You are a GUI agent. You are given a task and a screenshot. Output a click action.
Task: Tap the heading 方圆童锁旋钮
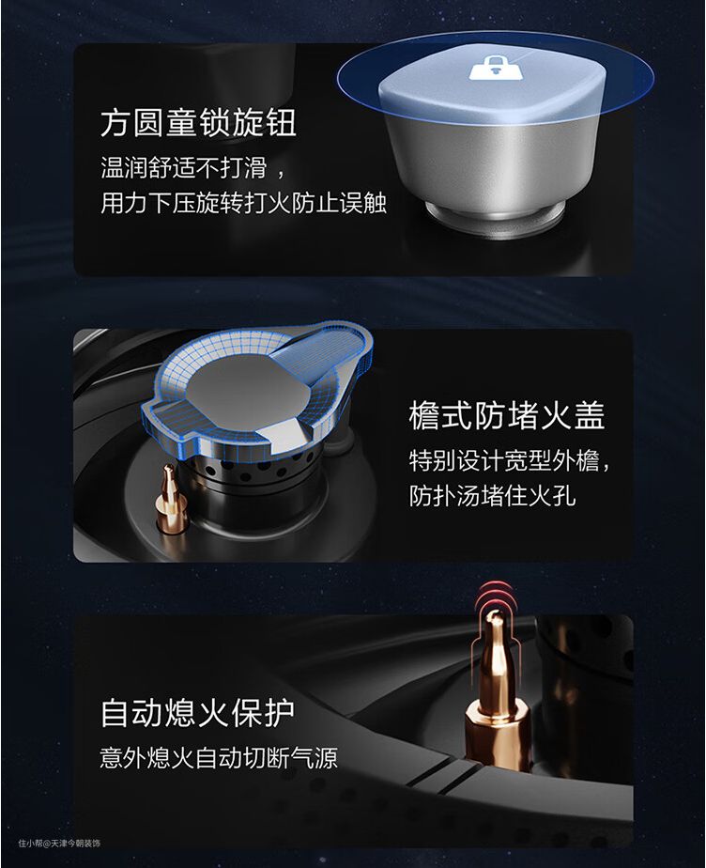(198, 122)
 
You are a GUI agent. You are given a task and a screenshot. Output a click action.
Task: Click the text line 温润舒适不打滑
(184, 167)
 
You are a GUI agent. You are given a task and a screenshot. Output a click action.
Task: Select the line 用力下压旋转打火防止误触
(243, 203)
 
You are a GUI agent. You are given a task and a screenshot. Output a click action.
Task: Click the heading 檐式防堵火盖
(506, 415)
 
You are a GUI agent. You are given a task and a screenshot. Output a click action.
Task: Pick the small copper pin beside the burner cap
(170, 500)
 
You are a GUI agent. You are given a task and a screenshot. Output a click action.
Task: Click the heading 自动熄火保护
(197, 713)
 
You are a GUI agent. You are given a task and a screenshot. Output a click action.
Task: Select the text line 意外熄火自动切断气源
(219, 757)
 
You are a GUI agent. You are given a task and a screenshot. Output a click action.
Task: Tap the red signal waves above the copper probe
(497, 597)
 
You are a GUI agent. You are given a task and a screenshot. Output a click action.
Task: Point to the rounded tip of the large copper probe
(495, 618)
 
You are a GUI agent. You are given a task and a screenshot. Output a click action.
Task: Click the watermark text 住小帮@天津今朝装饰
(59, 843)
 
